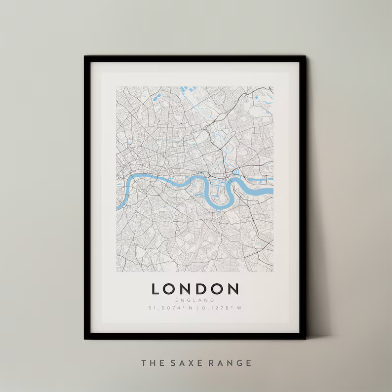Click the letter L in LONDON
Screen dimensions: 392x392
tap(157, 289)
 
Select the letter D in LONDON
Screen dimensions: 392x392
tap(203, 289)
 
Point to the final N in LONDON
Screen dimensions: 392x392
tap(233, 289)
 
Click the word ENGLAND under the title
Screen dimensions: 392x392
tap(195, 300)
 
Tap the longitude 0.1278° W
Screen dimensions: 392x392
tap(221, 308)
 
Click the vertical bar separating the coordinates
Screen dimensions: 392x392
tap(196, 308)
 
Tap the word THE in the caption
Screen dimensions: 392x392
tap(150, 363)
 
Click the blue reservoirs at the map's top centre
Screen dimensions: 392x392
tap(189, 89)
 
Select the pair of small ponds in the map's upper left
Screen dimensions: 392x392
tap(157, 98)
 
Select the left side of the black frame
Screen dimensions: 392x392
tap(87, 197)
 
